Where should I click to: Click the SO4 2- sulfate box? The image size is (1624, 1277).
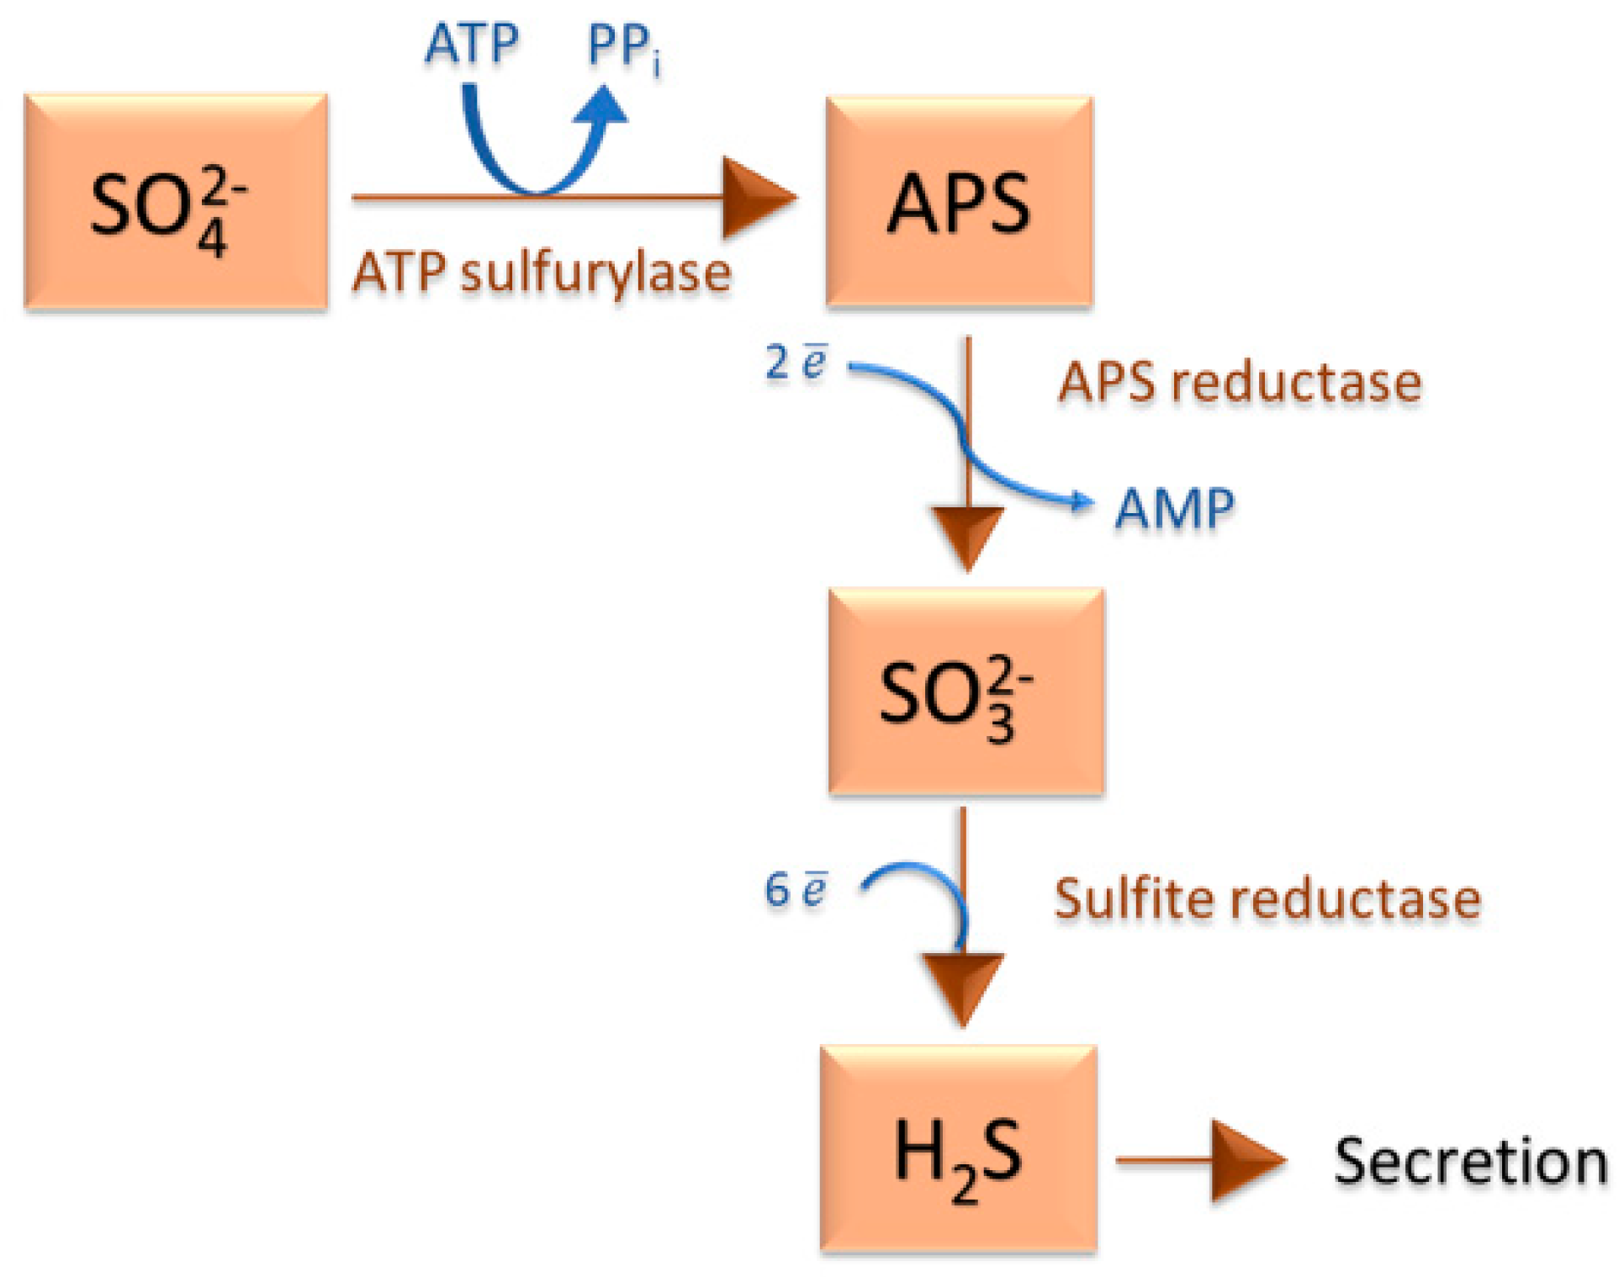point(175,202)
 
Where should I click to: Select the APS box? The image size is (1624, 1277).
point(959,202)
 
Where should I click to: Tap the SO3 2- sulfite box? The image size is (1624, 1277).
point(965,691)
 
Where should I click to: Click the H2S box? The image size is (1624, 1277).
point(959,1150)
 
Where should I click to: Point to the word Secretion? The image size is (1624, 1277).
point(1470,1162)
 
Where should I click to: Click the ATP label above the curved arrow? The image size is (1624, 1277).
point(472,44)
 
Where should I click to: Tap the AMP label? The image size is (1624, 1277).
point(1174,508)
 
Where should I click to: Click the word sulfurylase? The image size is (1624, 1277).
point(595,273)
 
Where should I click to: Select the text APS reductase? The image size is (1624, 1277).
point(1240,382)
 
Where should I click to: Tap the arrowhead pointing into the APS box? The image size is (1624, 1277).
point(756,198)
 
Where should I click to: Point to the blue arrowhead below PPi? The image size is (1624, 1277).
point(603,107)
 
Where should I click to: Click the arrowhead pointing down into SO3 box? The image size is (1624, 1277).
point(968,534)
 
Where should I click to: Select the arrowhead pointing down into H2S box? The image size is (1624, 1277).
point(963,984)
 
